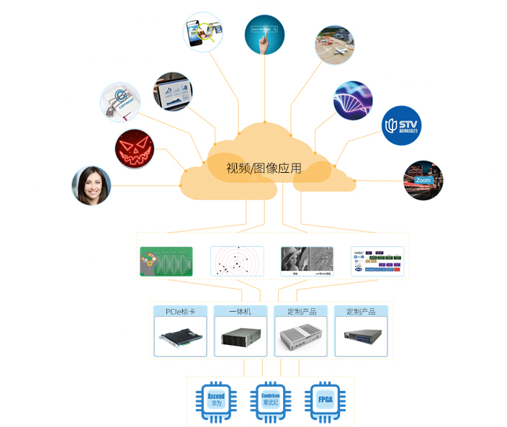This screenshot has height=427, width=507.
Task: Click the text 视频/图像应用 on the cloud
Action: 264,169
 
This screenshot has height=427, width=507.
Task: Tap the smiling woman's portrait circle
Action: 91,186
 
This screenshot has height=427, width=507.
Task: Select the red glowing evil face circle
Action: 135,149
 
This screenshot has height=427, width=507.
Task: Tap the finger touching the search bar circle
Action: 264,35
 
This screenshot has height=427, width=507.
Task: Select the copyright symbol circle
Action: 120,102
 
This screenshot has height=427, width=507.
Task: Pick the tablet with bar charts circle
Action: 173,91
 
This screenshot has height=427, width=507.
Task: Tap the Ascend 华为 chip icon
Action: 216,400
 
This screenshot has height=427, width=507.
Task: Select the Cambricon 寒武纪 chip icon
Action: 270,400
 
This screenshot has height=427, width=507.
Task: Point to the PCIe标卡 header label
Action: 181,311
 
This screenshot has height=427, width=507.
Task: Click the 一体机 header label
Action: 241,311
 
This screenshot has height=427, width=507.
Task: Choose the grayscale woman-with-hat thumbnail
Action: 306,261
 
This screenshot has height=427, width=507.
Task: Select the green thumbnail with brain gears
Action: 166,261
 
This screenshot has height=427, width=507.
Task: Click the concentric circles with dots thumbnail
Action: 236,261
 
